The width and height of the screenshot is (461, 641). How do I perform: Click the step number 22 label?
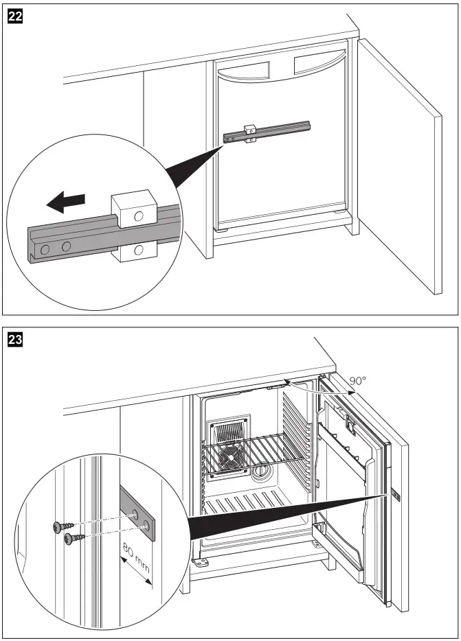coord(14,12)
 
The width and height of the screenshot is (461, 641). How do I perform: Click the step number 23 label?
coord(14,338)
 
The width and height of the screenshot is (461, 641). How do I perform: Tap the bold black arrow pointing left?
coord(66,202)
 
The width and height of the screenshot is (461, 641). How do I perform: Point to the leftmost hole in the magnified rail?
coord(45,250)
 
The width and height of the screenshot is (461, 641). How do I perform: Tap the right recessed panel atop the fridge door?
coord(314,64)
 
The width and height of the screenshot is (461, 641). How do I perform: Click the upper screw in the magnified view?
coord(59,526)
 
